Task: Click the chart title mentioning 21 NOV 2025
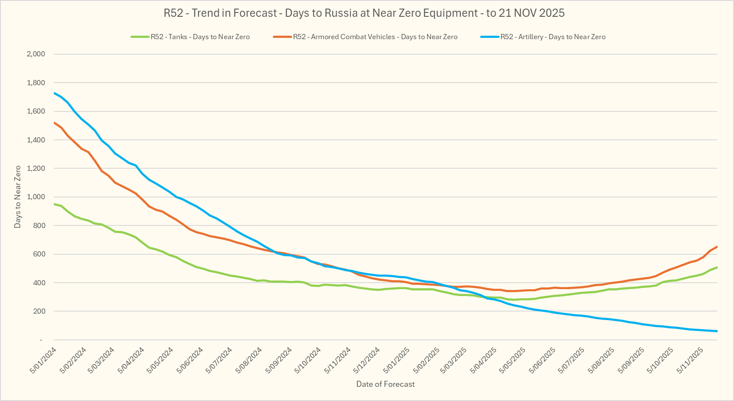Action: click(364, 13)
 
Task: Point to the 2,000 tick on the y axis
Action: click(36, 54)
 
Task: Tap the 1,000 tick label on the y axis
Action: click(36, 197)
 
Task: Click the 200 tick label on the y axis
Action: click(39, 312)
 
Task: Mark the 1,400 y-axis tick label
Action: click(36, 140)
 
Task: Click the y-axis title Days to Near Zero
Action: click(18, 197)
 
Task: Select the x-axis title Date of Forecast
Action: click(386, 384)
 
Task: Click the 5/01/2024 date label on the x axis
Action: click(43, 360)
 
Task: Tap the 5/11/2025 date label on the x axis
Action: click(691, 360)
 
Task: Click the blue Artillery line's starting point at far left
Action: click(54, 93)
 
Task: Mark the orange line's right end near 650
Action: click(717, 247)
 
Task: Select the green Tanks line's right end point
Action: click(717, 267)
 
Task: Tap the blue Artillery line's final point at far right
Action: click(717, 331)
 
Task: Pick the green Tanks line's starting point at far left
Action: click(54, 204)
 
